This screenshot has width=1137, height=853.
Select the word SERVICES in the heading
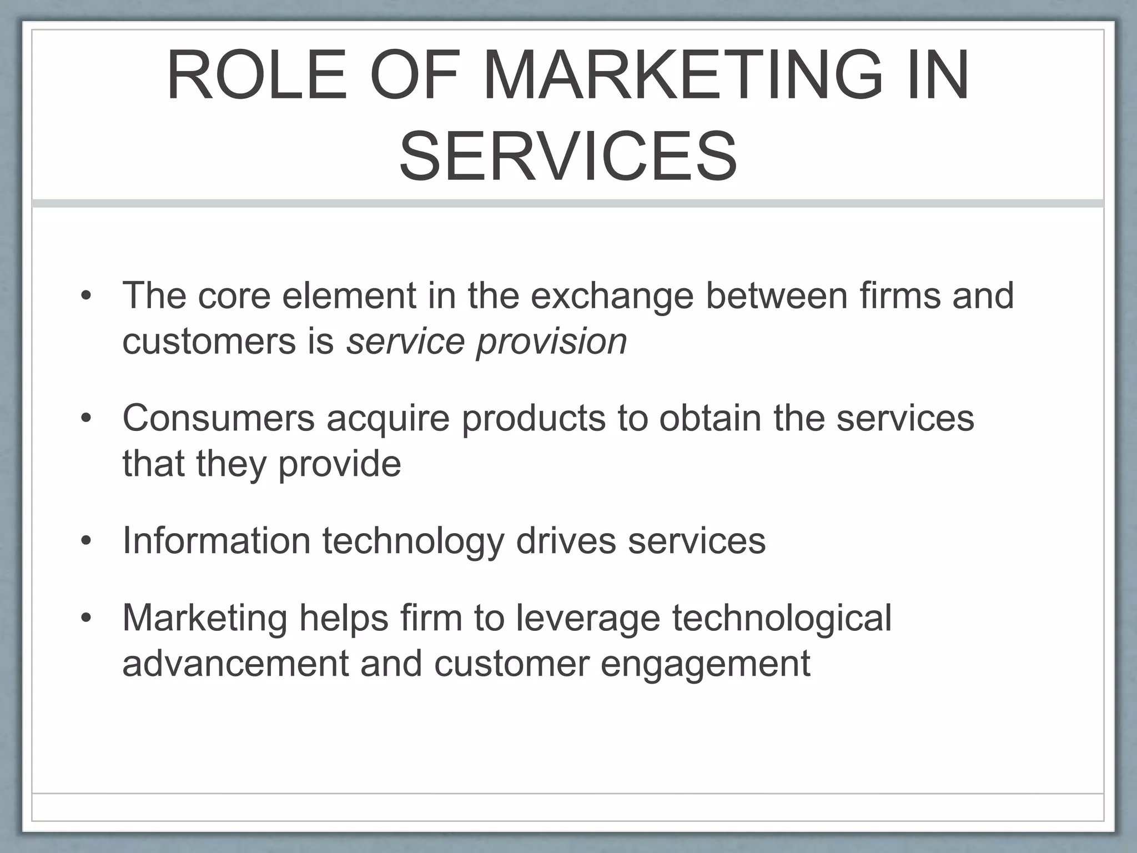(x=568, y=156)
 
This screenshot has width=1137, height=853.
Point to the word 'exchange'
(x=612, y=296)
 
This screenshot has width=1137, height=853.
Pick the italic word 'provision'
(x=551, y=342)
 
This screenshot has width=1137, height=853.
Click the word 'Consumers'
(x=218, y=418)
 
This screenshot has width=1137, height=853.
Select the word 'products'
(x=534, y=418)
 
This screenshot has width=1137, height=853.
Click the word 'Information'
(x=216, y=540)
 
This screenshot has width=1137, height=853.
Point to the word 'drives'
(x=566, y=540)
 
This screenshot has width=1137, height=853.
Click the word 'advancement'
(x=235, y=663)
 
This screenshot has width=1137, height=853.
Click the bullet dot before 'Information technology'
(x=85, y=541)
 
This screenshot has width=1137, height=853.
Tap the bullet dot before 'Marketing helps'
(x=85, y=618)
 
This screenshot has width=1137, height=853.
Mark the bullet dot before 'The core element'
(x=85, y=295)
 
